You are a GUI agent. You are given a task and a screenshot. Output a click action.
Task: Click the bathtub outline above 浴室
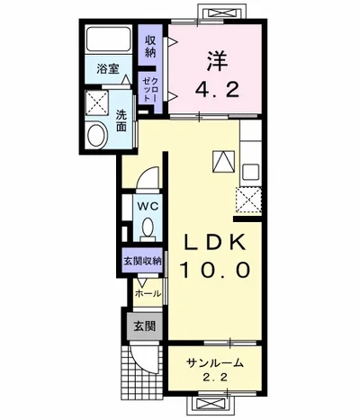(x=109, y=40)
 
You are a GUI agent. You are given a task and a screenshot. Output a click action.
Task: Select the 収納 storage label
(x=151, y=45)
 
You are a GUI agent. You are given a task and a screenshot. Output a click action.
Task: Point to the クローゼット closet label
(x=151, y=89)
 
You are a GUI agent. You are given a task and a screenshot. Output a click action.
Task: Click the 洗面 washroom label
(x=121, y=120)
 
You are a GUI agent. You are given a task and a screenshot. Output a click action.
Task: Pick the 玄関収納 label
(x=142, y=261)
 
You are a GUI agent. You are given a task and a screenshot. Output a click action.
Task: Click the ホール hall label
(x=147, y=293)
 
